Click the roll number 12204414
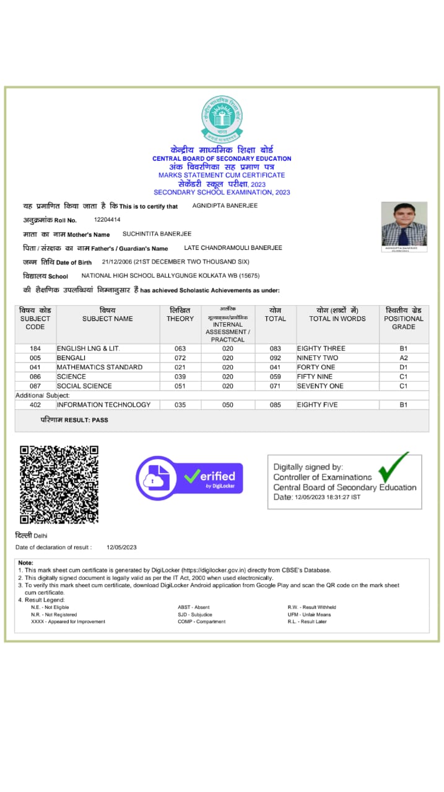point(107,220)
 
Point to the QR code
point(59,484)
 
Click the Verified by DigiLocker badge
point(190,478)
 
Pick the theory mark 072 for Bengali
point(180,358)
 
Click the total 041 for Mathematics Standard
point(275,367)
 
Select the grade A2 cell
point(403,358)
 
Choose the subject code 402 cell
point(35,405)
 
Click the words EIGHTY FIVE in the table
point(317,405)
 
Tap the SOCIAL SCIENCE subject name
point(84,386)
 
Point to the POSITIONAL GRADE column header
point(403,319)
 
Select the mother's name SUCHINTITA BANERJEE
point(157,234)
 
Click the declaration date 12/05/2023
point(121,547)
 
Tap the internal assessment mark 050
point(228,405)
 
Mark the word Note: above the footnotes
point(25,562)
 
